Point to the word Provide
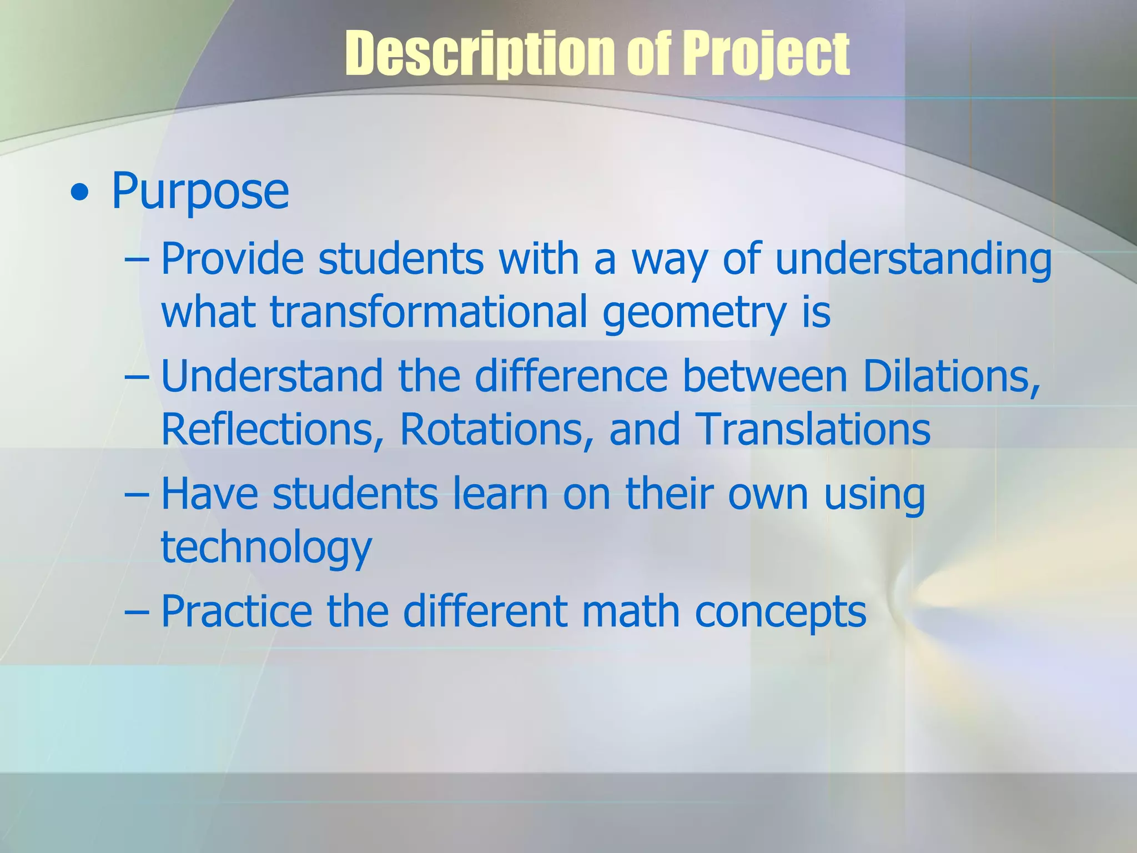point(232,259)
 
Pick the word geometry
point(694,313)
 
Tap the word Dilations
point(950,377)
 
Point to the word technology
point(266,547)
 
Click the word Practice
point(236,611)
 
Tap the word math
point(631,611)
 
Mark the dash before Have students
point(137,493)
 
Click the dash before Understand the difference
point(137,377)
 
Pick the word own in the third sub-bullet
point(768,493)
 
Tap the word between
point(764,377)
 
